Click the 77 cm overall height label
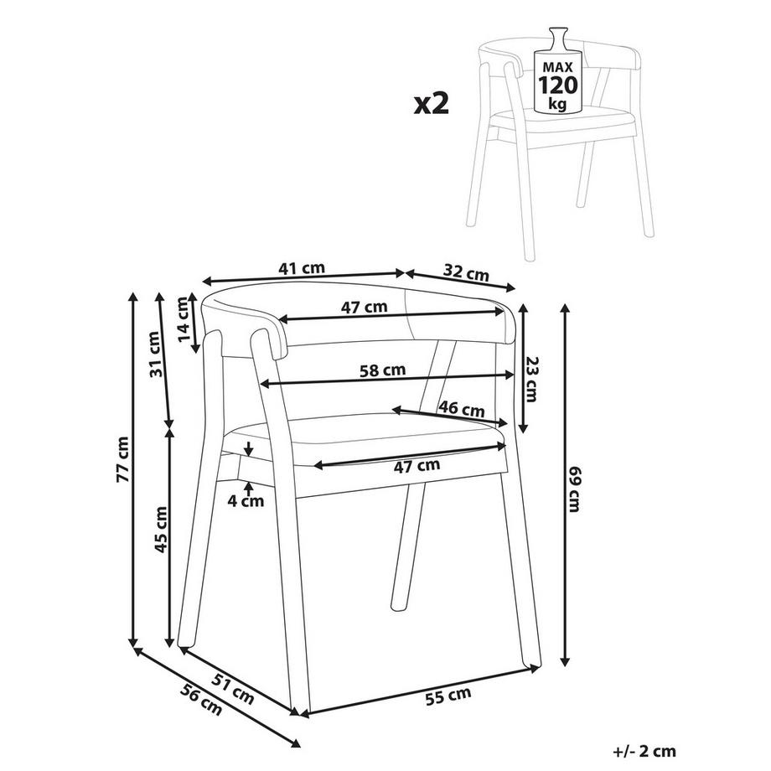click(123, 459)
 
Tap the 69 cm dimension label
click(574, 489)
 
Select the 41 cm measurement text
click(302, 268)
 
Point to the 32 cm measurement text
click(466, 272)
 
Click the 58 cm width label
click(382, 370)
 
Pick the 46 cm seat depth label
click(461, 409)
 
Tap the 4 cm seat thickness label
click(246, 501)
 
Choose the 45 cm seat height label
click(161, 529)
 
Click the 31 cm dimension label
click(154, 354)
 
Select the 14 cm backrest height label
click(184, 319)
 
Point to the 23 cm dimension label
click(531, 379)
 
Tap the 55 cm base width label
click(448, 696)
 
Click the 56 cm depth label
click(200, 700)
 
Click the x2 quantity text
click(432, 104)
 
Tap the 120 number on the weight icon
click(558, 85)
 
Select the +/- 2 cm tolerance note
click(644, 751)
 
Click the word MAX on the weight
click(558, 67)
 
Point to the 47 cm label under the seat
click(417, 466)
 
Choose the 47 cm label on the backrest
click(365, 308)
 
